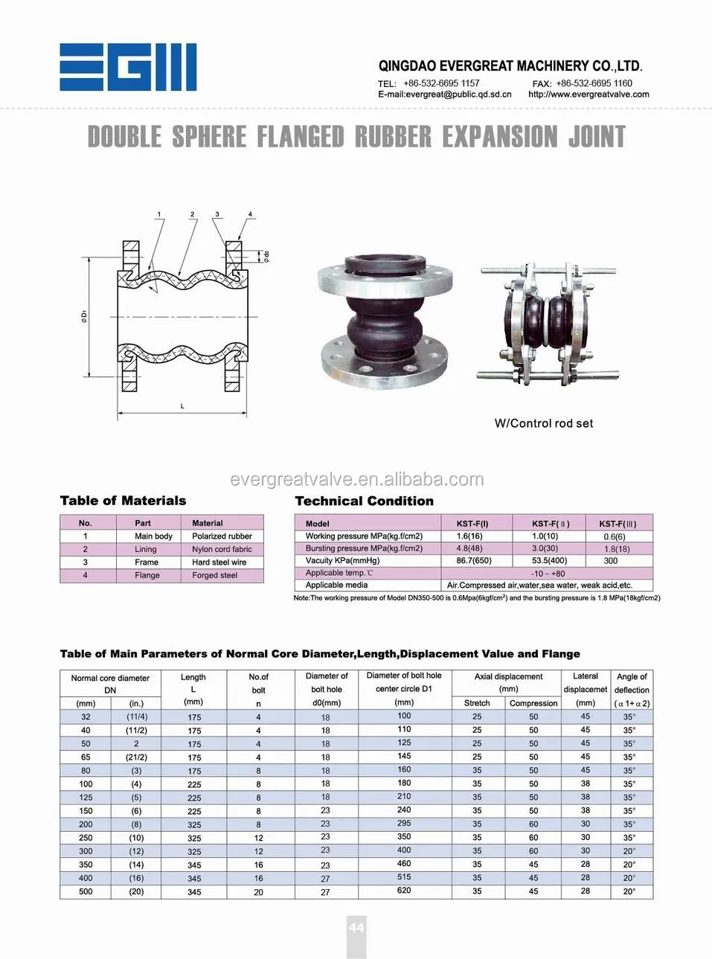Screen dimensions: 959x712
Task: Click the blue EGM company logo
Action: click(x=128, y=68)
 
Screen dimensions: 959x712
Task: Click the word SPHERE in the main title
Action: click(x=209, y=137)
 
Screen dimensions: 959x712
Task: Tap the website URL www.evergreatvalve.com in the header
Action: click(x=588, y=94)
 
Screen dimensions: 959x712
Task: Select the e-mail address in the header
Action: click(x=445, y=94)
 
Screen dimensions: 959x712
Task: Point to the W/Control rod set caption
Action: click(x=544, y=423)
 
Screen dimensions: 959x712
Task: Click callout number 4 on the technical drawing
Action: click(x=250, y=214)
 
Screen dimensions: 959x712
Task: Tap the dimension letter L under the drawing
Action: click(x=182, y=406)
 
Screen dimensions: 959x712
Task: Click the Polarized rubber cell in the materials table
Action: click(x=222, y=536)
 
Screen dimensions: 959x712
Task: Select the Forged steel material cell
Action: click(x=214, y=575)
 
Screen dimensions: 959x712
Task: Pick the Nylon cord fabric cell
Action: click(x=222, y=549)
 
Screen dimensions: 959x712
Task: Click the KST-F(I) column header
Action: click(x=472, y=524)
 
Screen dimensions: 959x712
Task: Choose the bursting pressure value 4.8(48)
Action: click(x=469, y=548)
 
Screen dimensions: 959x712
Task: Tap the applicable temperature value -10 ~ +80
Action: click(x=548, y=574)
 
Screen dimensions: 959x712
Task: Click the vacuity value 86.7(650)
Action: click(x=474, y=560)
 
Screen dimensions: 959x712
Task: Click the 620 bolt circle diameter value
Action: click(x=404, y=890)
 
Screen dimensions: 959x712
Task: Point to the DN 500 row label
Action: click(x=86, y=891)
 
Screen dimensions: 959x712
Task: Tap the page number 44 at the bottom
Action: click(x=356, y=927)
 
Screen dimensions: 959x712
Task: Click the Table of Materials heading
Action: click(x=123, y=501)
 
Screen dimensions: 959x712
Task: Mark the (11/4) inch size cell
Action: click(x=137, y=716)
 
